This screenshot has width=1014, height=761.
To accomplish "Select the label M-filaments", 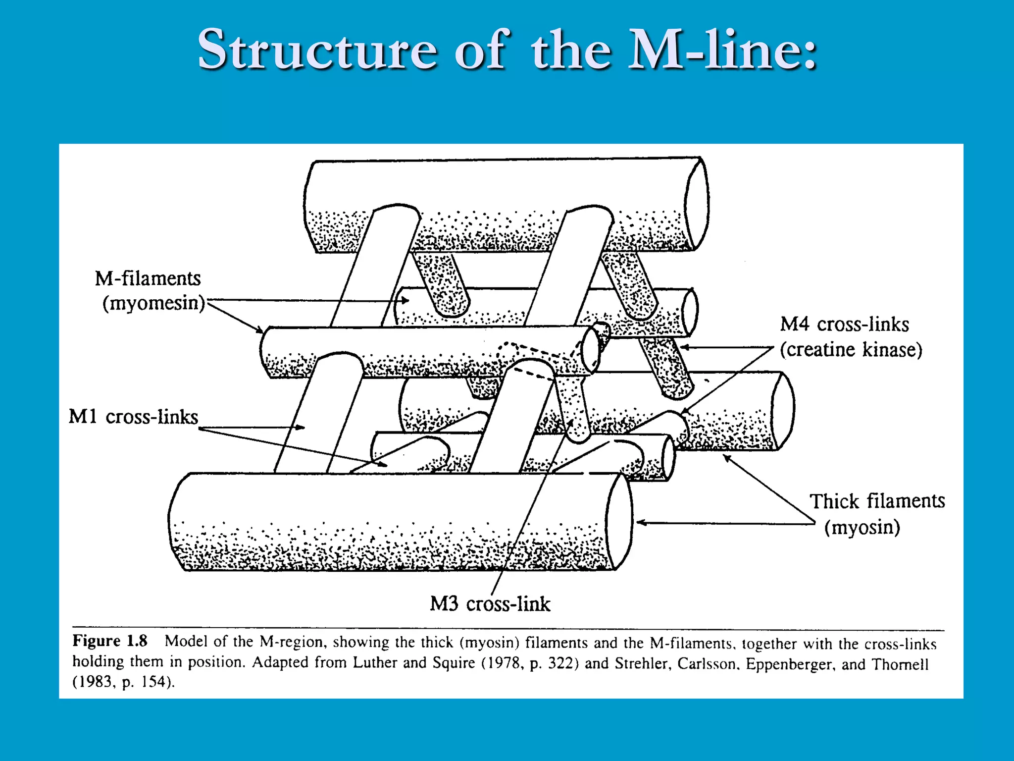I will (x=148, y=279).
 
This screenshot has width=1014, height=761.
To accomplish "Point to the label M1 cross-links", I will (x=133, y=417).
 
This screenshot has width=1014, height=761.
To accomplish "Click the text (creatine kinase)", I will (x=851, y=350).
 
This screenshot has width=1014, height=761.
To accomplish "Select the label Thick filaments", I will (x=877, y=502).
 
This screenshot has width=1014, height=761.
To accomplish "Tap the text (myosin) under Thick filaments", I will (x=862, y=528).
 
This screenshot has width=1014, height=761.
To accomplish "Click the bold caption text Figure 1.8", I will (x=110, y=641).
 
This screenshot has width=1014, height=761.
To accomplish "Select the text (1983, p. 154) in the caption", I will (x=124, y=683).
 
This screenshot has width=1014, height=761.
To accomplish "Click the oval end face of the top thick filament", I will (x=697, y=204).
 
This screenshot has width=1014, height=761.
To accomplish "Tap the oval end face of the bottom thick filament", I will (x=619, y=522).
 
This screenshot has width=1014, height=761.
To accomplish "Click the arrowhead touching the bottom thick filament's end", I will (x=640, y=522).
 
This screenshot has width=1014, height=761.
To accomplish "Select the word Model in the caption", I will (x=186, y=642).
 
